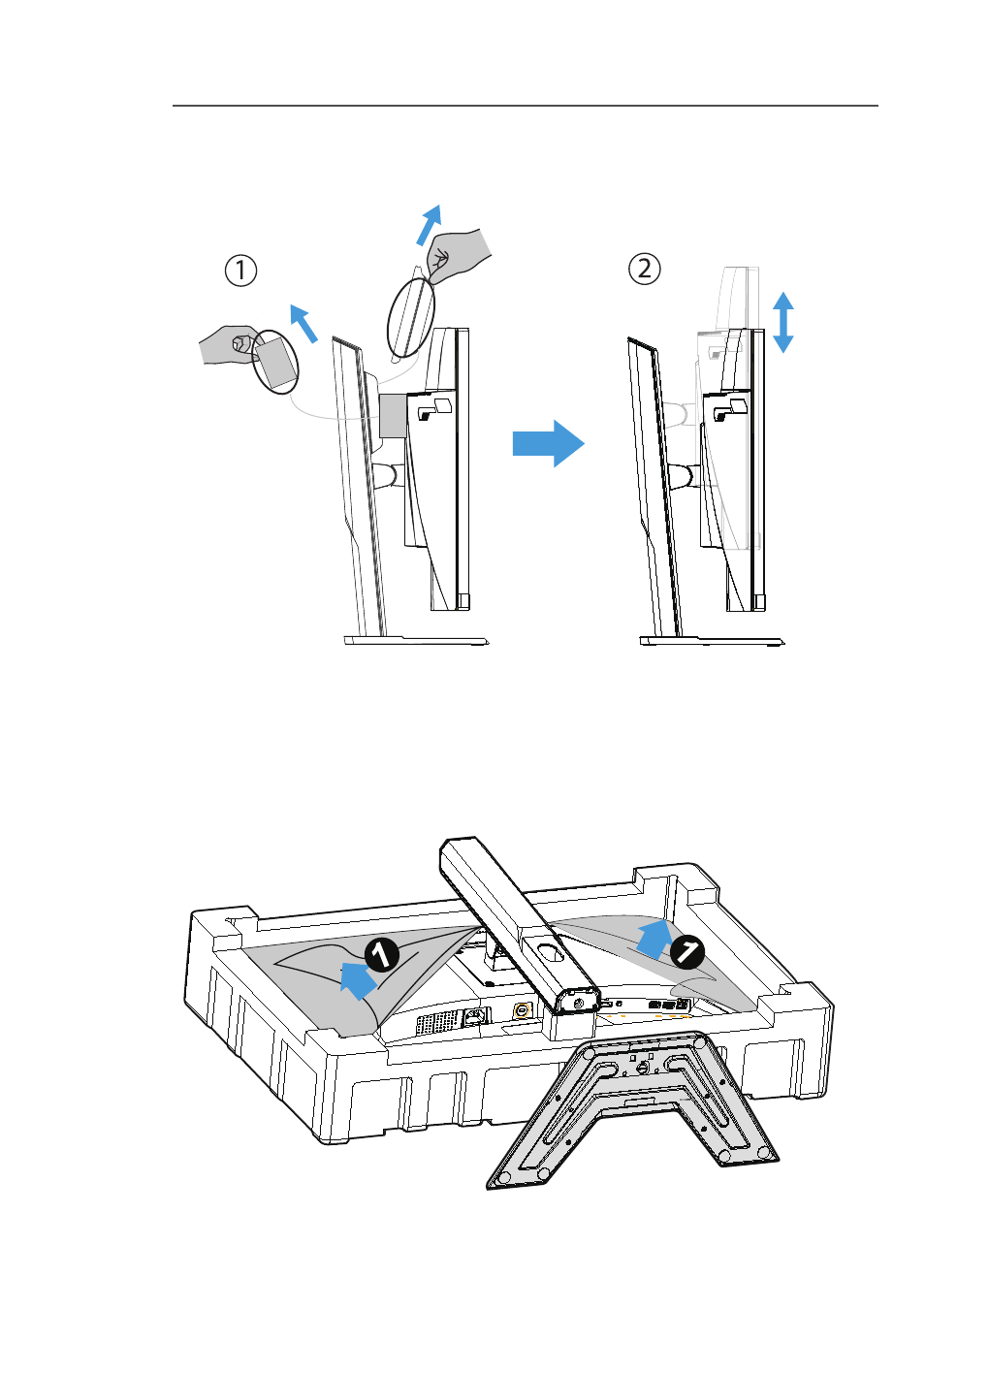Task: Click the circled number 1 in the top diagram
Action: tap(240, 270)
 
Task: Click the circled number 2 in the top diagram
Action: tap(645, 268)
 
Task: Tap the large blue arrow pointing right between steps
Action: tap(548, 443)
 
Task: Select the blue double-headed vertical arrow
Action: tap(783, 322)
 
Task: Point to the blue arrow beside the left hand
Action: tap(304, 324)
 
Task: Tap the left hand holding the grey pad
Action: tap(229, 343)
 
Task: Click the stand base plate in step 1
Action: tap(416, 640)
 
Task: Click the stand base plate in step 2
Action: tap(712, 640)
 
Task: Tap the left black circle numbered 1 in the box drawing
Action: tap(382, 955)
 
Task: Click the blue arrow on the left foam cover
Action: tap(358, 979)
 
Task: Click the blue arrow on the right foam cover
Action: tap(654, 939)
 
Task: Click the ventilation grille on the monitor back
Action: tap(436, 1021)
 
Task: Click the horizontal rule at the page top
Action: tap(525, 106)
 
